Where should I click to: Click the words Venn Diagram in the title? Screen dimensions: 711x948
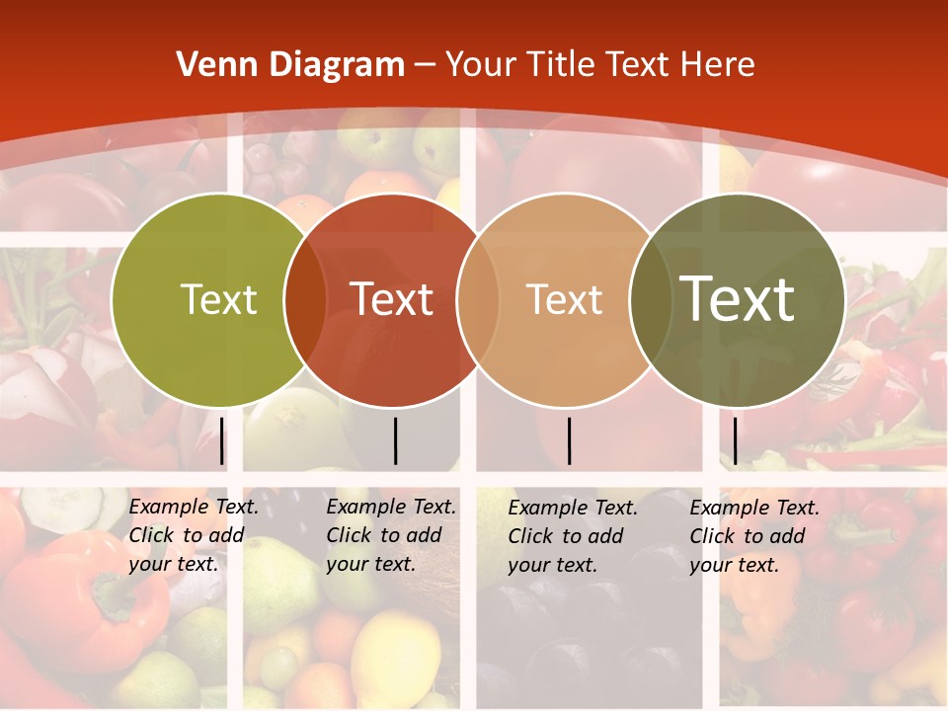290,64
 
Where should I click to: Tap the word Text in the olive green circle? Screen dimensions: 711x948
218,299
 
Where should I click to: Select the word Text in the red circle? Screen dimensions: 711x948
391,299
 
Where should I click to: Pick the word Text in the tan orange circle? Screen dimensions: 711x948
564,299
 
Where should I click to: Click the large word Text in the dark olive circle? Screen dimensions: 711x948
738,298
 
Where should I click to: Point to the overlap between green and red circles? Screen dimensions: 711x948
305,299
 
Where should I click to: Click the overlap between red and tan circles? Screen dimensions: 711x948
478,299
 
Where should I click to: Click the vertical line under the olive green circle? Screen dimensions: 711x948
222,440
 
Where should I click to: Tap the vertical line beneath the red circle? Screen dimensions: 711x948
395,440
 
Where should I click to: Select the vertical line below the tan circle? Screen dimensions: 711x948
569,440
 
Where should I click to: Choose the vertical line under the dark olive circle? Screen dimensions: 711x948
735,440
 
